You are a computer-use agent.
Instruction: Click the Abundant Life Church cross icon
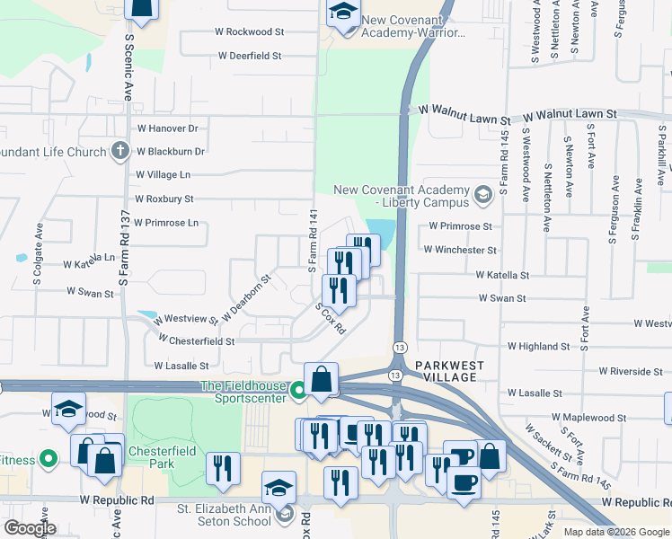pos(120,151)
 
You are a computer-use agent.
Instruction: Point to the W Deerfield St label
pos(250,56)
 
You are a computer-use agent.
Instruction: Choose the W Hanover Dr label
pos(166,128)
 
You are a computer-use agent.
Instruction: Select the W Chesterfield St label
pos(196,341)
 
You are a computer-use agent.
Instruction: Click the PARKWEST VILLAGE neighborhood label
pos(448,372)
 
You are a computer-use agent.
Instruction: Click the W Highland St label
pos(538,346)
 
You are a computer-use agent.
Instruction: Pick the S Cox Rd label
pos(331,318)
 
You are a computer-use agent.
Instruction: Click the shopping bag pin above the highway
pos(321,377)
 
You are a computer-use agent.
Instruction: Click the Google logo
pos(30,527)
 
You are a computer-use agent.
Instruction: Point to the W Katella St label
pos(502,275)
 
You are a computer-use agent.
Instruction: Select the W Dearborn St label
pos(245,300)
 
